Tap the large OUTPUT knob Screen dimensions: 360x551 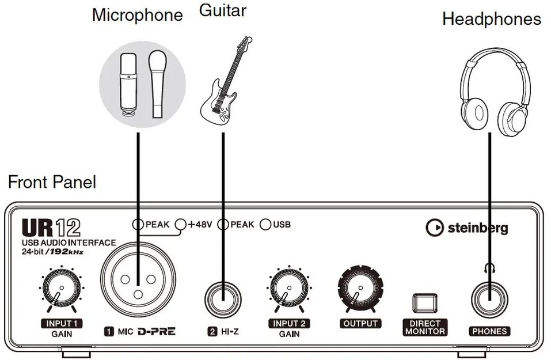359,289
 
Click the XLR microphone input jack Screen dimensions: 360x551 138,282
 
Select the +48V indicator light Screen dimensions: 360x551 181,225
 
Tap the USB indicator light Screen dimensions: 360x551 265,225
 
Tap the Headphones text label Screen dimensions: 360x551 491,19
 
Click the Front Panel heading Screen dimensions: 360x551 52,183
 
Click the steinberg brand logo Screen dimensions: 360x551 466,228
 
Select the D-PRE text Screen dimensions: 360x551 155,331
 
